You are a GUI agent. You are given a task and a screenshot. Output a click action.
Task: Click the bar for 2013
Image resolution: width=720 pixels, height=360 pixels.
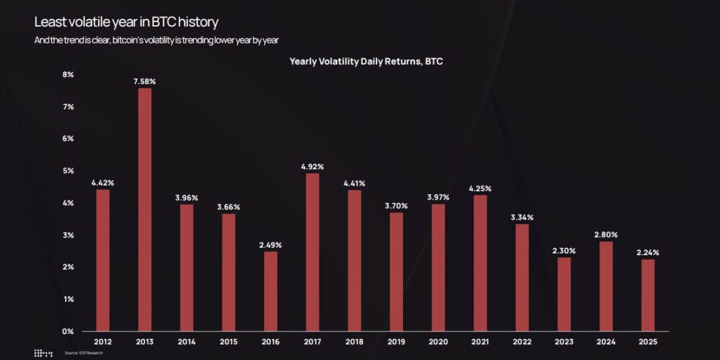pyautogui.click(x=145, y=209)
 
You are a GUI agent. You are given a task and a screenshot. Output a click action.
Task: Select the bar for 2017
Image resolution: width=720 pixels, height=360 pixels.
pyautogui.click(x=312, y=252)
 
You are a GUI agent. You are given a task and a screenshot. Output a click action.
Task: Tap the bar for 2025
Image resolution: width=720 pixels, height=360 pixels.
pyautogui.click(x=647, y=295)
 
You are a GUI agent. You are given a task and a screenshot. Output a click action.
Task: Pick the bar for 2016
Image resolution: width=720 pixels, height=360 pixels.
pyautogui.click(x=270, y=291)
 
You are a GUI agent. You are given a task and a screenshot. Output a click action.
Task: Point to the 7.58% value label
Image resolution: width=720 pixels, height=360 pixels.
pyautogui.click(x=145, y=81)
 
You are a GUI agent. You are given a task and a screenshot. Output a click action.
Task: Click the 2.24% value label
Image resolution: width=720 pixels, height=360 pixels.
pyautogui.click(x=647, y=253)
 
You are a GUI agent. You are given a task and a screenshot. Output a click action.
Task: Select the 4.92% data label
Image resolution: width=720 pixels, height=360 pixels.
pyautogui.click(x=312, y=167)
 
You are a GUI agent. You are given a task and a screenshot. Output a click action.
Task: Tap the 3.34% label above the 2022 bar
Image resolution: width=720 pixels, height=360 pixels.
pyautogui.click(x=522, y=217)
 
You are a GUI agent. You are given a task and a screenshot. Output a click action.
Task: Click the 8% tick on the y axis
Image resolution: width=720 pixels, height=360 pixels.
pyautogui.click(x=68, y=75)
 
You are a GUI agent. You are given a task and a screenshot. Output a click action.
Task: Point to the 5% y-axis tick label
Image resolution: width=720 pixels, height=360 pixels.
pyautogui.click(x=68, y=171)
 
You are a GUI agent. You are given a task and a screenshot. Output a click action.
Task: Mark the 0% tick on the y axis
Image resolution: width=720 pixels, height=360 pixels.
pyautogui.click(x=68, y=331)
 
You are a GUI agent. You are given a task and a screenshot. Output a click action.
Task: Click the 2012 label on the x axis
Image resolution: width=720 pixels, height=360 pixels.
pyautogui.click(x=102, y=342)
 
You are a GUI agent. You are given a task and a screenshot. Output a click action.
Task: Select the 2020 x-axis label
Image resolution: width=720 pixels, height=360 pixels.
pyautogui.click(x=438, y=342)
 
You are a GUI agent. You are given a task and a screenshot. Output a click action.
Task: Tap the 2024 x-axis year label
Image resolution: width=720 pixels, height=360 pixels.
pyautogui.click(x=606, y=342)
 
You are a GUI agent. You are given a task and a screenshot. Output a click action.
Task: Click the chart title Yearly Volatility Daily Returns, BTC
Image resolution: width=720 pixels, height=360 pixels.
pyautogui.click(x=369, y=61)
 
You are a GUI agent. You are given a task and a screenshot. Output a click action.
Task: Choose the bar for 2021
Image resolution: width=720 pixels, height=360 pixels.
pyautogui.click(x=480, y=263)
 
